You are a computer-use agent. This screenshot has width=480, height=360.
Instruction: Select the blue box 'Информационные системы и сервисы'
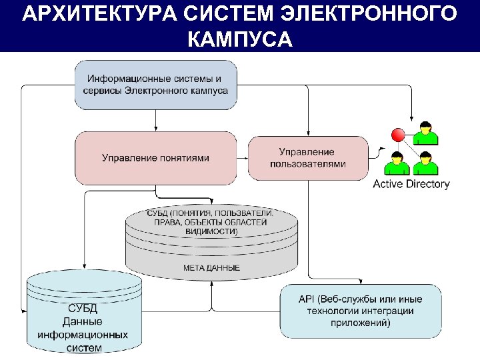click(156, 85)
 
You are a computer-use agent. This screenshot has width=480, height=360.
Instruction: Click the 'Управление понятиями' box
click(156, 158)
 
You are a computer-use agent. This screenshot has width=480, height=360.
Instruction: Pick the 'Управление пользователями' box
click(307, 158)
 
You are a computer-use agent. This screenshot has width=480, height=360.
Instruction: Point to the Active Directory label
click(411, 184)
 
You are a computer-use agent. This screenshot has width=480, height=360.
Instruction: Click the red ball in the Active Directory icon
click(399, 135)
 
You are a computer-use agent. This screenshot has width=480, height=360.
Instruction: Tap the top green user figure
click(425, 133)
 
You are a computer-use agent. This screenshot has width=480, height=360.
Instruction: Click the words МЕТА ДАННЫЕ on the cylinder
click(211, 268)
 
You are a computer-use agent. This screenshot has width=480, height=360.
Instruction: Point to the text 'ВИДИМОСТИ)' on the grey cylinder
click(211, 231)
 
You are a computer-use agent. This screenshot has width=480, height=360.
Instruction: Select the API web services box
click(361, 311)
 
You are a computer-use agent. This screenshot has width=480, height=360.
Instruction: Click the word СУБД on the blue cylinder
click(83, 308)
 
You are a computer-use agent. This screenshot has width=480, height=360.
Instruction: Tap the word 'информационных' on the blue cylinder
click(83, 335)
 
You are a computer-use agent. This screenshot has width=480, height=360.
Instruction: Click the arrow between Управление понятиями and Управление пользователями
click(243, 158)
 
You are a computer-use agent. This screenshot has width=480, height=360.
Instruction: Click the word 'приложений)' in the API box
click(361, 323)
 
